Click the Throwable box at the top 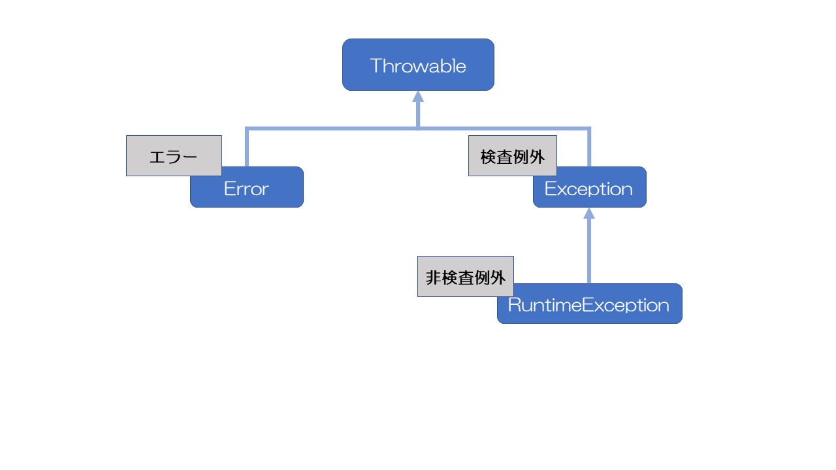tap(418, 65)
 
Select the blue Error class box tap(261, 192)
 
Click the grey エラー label tap(174, 155)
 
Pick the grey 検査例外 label tap(512, 155)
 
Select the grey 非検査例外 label tap(465, 276)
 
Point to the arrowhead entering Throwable tap(418, 97)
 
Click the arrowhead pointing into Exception tap(589, 213)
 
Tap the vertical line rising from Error tap(247, 148)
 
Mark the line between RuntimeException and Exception tap(589, 251)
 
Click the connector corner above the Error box tap(247, 129)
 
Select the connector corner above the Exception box tap(589, 129)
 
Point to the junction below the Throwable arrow tap(418, 128)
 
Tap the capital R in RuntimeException tap(513, 305)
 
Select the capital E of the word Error tap(229, 189)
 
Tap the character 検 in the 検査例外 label tap(489, 157)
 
